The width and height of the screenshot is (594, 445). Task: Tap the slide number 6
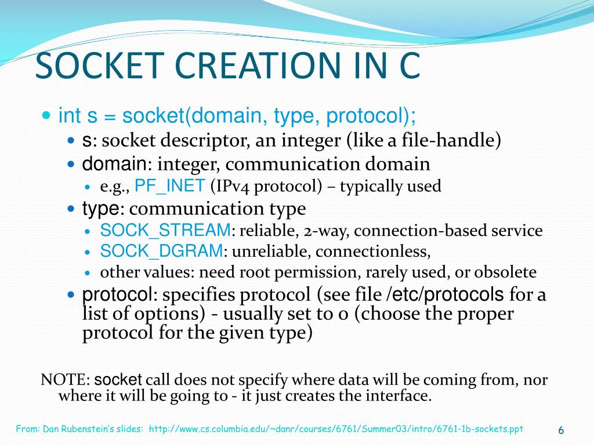[561, 430]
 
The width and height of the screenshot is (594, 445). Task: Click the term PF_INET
[169, 186]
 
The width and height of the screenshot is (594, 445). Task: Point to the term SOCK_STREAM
[165, 231]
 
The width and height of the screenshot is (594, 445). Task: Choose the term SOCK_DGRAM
[161, 251]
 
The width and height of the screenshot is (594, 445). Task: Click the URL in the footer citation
[336, 429]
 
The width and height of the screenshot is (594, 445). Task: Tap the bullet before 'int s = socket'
[48, 116]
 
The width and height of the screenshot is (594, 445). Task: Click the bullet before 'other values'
[88, 272]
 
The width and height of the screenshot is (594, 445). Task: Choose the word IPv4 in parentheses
[230, 186]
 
